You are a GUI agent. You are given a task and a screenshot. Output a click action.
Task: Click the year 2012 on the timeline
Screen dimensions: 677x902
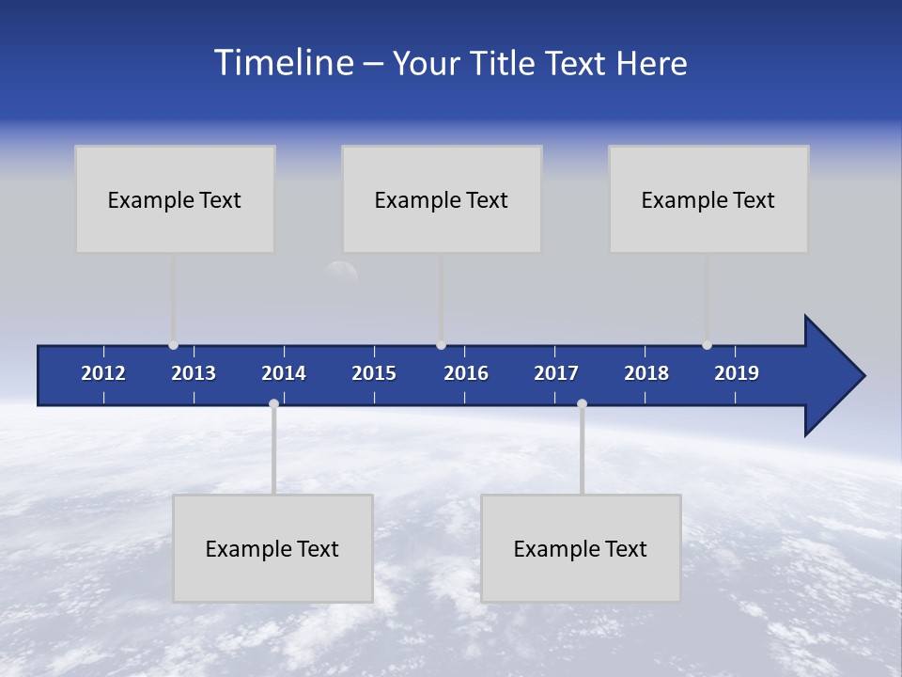click(x=103, y=373)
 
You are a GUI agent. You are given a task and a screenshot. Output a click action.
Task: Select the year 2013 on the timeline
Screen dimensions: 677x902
click(x=194, y=373)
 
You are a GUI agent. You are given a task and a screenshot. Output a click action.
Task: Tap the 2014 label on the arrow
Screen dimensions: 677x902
click(x=284, y=373)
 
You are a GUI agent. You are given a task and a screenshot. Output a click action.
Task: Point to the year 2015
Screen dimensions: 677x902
click(x=374, y=373)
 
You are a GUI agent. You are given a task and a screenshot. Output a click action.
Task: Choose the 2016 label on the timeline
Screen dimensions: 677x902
click(x=466, y=373)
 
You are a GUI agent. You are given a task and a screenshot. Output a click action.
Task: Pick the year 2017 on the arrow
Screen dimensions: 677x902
click(x=556, y=373)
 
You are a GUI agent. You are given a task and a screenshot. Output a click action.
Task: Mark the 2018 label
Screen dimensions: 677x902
click(x=646, y=373)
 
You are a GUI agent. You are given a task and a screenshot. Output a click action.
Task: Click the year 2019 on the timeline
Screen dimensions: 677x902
click(x=737, y=373)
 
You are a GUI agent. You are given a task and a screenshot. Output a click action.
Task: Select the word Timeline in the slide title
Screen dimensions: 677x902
click(x=284, y=63)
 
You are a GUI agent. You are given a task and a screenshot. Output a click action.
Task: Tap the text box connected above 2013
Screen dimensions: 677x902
click(x=175, y=199)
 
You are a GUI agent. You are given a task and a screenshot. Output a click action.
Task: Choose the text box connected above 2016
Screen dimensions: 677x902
click(x=442, y=199)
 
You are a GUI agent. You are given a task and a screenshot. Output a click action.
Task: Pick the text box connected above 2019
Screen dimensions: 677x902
click(x=708, y=199)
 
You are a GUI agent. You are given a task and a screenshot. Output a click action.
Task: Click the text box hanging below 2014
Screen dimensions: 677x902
click(x=272, y=548)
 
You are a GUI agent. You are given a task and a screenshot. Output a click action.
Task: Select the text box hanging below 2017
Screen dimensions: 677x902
click(x=581, y=548)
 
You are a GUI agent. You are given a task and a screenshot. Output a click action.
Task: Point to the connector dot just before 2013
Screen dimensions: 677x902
click(x=173, y=345)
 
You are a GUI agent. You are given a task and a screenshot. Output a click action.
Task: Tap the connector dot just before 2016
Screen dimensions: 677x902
click(x=441, y=345)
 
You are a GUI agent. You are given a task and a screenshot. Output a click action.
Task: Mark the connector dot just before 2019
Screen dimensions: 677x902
click(x=707, y=345)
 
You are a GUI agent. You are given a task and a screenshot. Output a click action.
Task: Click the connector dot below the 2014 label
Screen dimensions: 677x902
click(x=273, y=404)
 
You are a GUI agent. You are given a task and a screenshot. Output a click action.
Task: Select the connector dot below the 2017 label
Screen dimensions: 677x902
click(x=582, y=404)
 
